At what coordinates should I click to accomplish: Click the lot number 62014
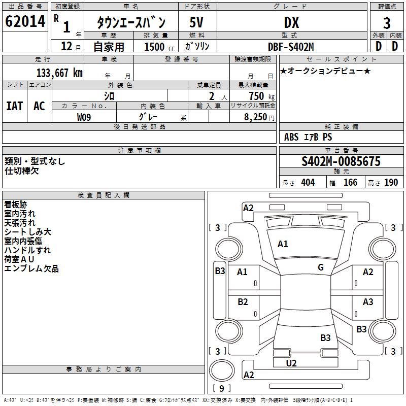[25, 22]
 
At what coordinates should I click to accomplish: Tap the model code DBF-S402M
[291, 46]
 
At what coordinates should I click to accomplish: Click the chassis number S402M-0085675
[341, 161]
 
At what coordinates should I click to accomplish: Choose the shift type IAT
[14, 106]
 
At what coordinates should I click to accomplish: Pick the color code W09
[85, 117]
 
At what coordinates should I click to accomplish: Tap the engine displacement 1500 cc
[156, 46]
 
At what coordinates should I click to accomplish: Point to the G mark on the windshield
[321, 267]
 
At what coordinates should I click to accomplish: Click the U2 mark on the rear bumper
[291, 363]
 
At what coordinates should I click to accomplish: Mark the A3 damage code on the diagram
[368, 302]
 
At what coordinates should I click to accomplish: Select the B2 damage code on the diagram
[243, 302]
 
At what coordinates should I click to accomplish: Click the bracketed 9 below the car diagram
[221, 389]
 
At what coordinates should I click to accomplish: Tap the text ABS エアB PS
[308, 137]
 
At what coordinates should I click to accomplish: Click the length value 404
[308, 183]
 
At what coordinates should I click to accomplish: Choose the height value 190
[391, 183]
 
